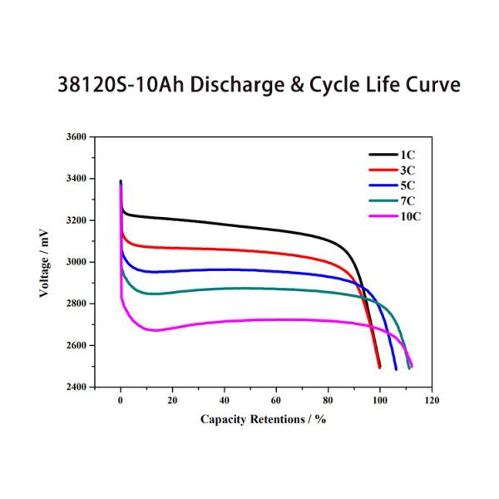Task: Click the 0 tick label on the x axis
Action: [121, 400]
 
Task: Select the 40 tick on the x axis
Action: [225, 400]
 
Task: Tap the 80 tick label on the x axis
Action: [328, 400]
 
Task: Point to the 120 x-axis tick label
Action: [432, 400]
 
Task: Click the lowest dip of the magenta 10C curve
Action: [155, 330]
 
